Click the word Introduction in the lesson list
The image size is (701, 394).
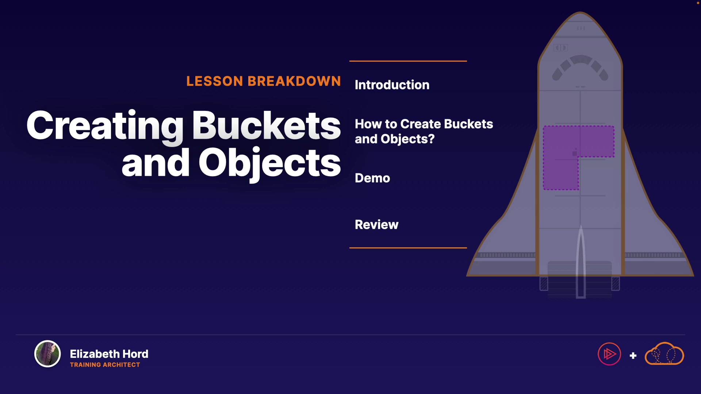392,85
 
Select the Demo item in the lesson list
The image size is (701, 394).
372,178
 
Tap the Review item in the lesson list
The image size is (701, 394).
376,225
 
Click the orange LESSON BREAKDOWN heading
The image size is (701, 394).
264,81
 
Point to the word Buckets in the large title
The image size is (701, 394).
267,125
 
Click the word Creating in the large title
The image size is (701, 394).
105,126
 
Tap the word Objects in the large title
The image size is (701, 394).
270,163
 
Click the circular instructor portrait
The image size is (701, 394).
47,354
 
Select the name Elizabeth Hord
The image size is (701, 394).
109,354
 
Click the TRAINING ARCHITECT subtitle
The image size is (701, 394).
105,365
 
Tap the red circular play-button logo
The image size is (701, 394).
609,354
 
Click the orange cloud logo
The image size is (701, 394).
664,354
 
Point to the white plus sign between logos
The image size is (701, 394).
633,356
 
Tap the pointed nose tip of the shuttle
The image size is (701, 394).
580,12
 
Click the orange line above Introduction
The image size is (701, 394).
408,61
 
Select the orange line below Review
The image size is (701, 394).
408,248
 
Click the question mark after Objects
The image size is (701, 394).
431,139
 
